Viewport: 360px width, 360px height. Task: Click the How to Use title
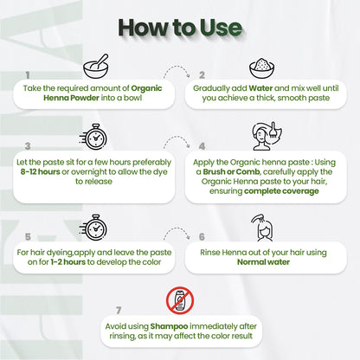click(180, 28)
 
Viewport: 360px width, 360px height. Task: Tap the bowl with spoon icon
click(96, 66)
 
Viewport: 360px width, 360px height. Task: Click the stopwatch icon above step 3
click(93, 137)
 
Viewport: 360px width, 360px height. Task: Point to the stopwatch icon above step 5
click(93, 228)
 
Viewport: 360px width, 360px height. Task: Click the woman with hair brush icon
click(267, 136)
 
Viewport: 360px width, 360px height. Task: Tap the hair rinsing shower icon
click(262, 228)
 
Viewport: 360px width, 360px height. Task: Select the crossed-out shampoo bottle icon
click(180, 300)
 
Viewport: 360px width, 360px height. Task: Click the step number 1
click(28, 75)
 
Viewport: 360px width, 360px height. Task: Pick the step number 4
click(202, 146)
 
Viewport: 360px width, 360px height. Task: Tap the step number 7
click(119, 311)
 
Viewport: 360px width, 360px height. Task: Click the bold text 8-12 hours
click(41, 172)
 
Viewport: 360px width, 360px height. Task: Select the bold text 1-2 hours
click(68, 262)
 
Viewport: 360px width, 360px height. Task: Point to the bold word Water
click(260, 88)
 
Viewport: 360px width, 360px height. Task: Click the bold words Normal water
click(263, 262)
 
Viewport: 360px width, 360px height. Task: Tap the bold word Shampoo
click(169, 326)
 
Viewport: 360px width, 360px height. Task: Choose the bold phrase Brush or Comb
click(231, 172)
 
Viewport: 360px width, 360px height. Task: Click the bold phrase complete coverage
click(281, 191)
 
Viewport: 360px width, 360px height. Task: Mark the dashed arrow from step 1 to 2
click(177, 67)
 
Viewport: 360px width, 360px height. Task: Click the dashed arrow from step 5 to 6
click(177, 229)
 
